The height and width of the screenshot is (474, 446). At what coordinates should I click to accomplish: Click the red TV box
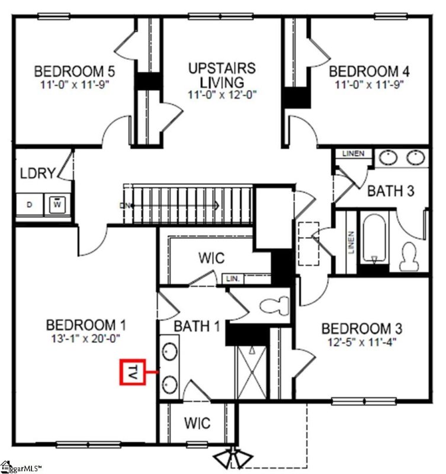tap(133, 373)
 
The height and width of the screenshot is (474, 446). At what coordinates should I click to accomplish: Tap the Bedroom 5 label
tap(75, 72)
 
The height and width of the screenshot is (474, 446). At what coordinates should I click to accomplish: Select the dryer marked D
tap(30, 205)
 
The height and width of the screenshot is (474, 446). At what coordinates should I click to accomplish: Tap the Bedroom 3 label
tap(362, 328)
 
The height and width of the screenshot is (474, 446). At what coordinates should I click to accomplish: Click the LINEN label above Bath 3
tap(354, 154)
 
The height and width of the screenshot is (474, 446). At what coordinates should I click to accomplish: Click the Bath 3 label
tap(390, 191)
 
